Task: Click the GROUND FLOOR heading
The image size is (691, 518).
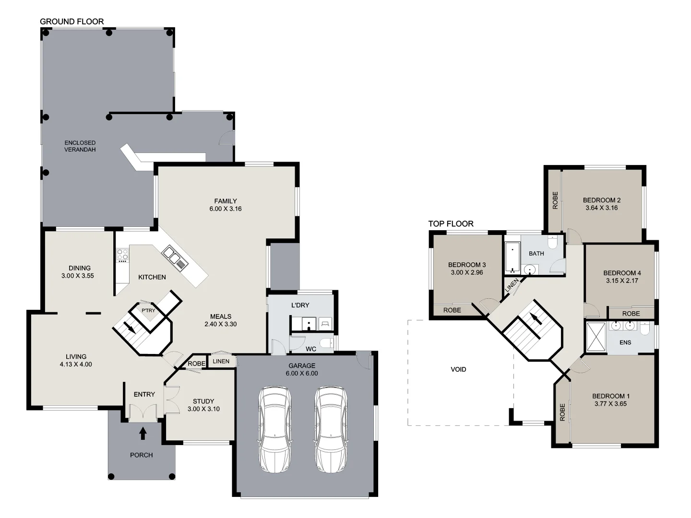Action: click(71, 22)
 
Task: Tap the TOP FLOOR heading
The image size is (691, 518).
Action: click(451, 224)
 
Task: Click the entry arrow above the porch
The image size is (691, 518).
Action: click(143, 434)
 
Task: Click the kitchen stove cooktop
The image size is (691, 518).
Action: click(122, 255)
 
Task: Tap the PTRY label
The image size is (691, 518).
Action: click(148, 311)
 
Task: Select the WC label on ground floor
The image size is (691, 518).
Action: click(310, 349)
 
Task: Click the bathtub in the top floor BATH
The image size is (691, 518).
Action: click(512, 258)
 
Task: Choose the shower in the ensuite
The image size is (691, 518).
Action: click(596, 338)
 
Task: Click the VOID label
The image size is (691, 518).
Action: click(458, 369)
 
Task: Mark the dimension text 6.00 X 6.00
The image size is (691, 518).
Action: click(301, 373)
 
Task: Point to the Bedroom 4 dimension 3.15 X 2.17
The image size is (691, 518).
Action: click(622, 281)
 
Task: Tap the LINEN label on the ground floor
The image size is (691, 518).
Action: click(221, 361)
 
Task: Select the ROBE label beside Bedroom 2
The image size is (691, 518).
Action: click(555, 200)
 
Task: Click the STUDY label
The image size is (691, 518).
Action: click(203, 401)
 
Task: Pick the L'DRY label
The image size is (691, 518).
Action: click(300, 306)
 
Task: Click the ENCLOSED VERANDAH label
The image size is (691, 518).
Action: click(80, 146)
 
